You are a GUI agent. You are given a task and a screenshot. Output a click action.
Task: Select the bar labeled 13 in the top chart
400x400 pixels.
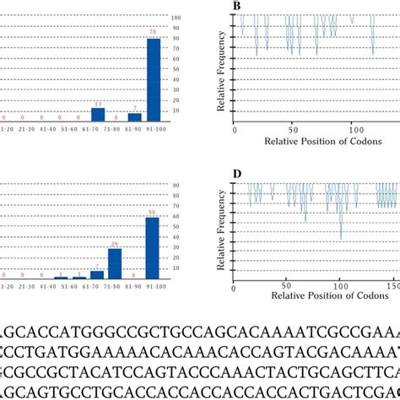pos(98,115)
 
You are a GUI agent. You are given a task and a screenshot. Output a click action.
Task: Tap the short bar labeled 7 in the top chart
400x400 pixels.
pos(135,117)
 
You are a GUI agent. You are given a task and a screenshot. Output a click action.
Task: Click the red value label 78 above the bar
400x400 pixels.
pos(154,33)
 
